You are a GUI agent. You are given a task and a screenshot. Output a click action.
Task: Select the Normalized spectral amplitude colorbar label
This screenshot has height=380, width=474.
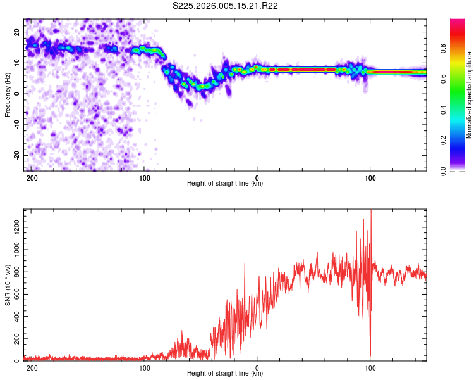470,95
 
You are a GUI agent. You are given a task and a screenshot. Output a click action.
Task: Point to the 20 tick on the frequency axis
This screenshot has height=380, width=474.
17,32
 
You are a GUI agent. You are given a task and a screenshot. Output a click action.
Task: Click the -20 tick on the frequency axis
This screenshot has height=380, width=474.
15,155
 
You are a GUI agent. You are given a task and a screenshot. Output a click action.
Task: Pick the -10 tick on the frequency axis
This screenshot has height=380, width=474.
15,124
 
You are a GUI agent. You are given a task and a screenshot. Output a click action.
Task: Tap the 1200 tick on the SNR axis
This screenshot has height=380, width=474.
13,226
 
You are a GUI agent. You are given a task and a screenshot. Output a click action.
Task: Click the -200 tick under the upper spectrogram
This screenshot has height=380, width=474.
30,177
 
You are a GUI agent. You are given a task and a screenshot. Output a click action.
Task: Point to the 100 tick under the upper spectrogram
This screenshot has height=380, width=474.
370,177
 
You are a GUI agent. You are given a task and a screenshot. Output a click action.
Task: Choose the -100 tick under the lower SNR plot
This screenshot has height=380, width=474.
143,367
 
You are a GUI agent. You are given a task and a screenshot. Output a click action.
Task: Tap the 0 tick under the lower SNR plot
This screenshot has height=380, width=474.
257,367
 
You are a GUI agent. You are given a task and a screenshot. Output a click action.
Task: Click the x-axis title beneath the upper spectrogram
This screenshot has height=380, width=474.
225,184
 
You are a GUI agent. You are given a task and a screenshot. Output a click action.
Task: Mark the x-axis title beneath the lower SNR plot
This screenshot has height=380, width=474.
225,374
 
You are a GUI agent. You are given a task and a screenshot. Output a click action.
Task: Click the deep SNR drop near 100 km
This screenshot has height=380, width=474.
370,355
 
